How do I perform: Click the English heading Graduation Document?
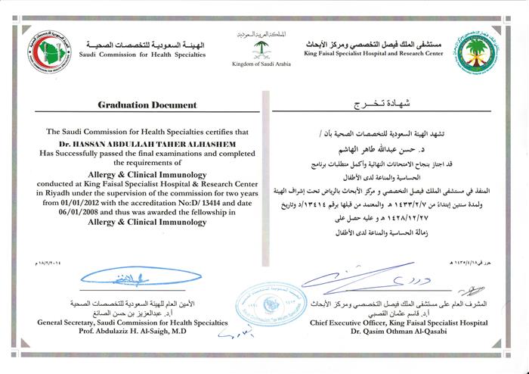pos(147,104)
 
